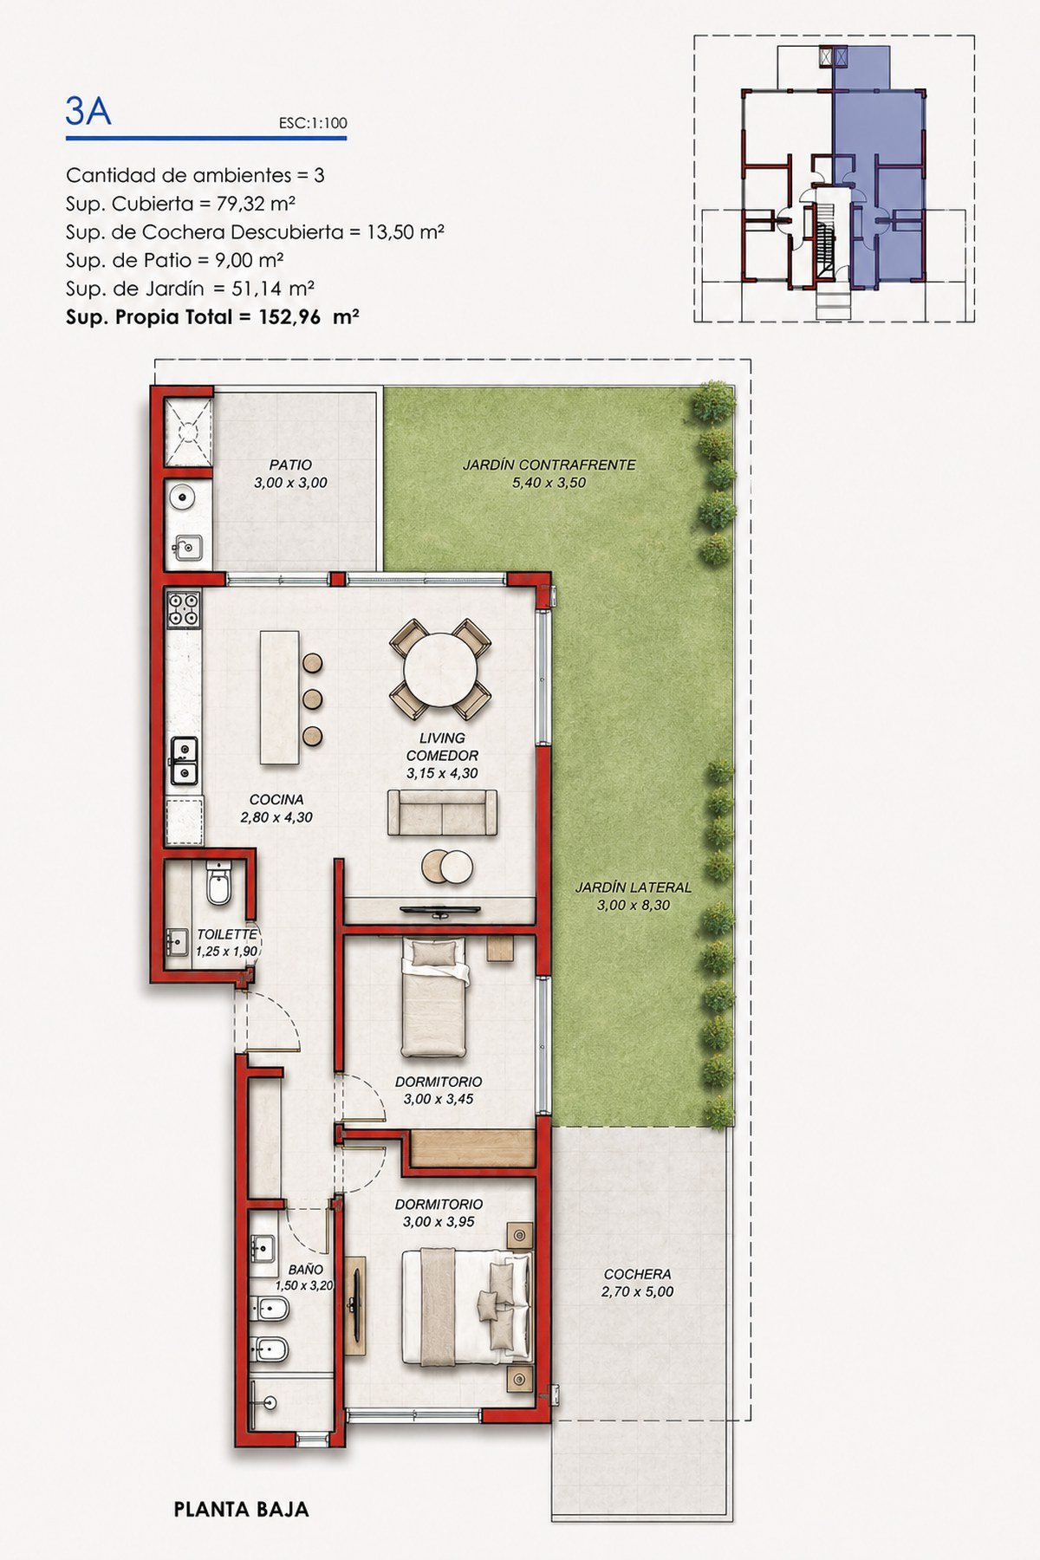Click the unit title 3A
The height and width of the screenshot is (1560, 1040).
point(88,111)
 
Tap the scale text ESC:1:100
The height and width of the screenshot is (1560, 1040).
point(313,123)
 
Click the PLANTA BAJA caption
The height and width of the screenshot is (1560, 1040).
point(241,1509)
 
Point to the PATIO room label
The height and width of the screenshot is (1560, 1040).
point(290,465)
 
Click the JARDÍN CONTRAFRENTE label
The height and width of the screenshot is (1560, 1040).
point(549,465)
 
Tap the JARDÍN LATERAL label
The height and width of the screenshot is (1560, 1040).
point(634,887)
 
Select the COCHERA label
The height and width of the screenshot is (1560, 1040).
point(637,1274)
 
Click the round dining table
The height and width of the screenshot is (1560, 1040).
point(440,670)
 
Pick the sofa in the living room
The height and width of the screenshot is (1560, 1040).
point(442,812)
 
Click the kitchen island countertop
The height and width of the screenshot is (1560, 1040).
point(279,698)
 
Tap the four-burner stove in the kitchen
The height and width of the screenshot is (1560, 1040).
point(184,608)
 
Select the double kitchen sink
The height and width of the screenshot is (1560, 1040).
point(184,761)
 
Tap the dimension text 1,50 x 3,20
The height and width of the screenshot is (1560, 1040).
point(304,1285)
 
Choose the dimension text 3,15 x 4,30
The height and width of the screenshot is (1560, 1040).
point(442,774)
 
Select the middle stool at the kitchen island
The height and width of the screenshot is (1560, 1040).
point(313,699)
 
